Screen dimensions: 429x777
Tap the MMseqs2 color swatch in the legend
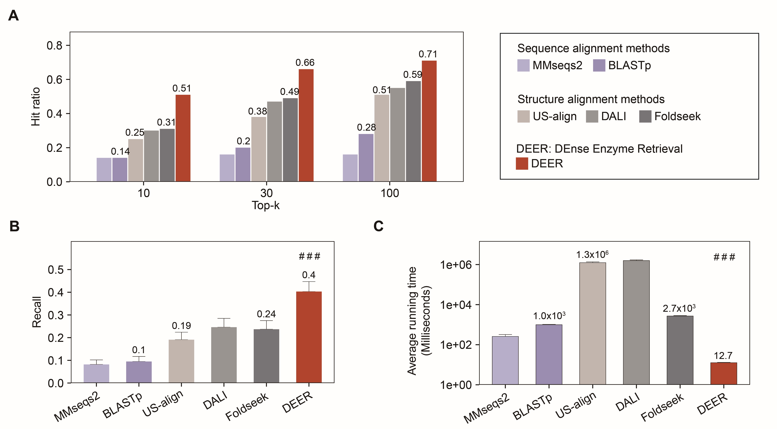click(x=523, y=65)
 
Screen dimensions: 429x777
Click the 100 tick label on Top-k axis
click(x=390, y=193)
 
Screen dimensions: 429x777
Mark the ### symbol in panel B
click(x=309, y=257)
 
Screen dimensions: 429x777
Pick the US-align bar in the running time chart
click(x=592, y=323)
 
